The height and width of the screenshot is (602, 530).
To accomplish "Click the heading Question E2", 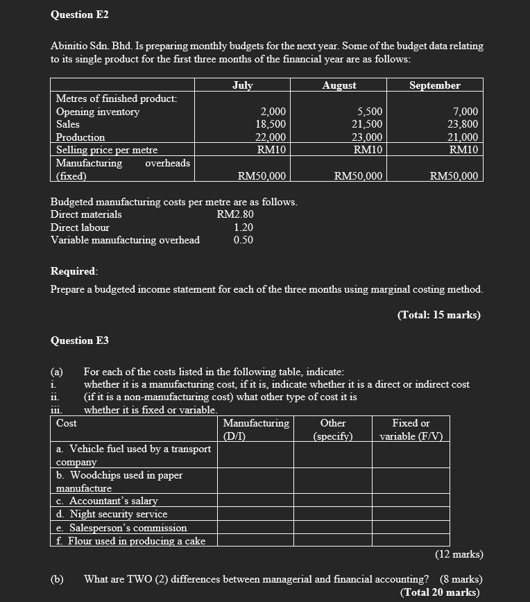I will coord(80,15).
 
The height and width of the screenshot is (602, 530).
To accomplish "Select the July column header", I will coord(242,85).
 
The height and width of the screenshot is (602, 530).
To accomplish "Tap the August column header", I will coord(339,85).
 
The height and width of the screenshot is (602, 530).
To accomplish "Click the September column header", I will coord(435,85).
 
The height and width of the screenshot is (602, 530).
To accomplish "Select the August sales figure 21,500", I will coord(368,124).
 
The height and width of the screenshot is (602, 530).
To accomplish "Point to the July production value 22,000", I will coord(271,137).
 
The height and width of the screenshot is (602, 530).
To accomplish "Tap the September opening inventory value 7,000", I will coord(465,112).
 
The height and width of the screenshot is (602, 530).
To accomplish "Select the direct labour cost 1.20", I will coord(243,227).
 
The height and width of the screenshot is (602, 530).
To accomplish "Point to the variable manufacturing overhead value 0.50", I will coord(243,240).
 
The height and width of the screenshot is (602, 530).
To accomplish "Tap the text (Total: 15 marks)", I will coord(438,314).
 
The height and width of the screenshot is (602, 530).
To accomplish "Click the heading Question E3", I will coord(80,341).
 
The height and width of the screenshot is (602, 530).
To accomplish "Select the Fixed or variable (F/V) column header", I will coord(411,429).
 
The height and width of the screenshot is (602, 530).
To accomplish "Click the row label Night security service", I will coord(112,514).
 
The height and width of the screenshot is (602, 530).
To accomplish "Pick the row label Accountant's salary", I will coord(107,501).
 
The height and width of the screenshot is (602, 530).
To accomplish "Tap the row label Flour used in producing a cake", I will coord(130,540).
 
